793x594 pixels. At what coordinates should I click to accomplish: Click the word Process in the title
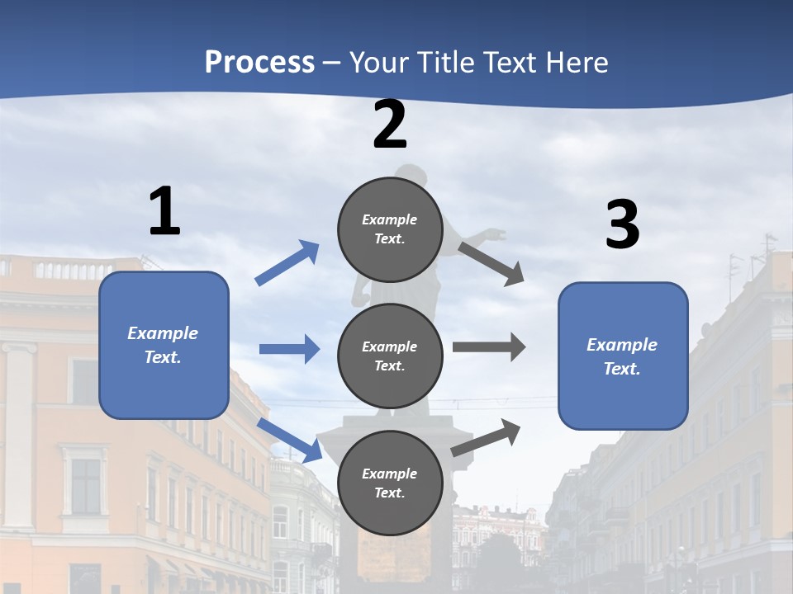pyautogui.click(x=259, y=62)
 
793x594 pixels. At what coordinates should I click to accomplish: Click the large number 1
pyautogui.click(x=164, y=212)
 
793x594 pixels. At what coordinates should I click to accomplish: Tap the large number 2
pyautogui.click(x=390, y=125)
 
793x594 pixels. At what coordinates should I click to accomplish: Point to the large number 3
pyautogui.click(x=622, y=225)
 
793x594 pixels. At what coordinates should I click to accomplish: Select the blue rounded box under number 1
pyautogui.click(x=164, y=345)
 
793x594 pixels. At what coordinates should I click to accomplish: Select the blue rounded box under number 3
pyautogui.click(x=623, y=356)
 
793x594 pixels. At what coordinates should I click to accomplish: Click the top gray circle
pyautogui.click(x=390, y=229)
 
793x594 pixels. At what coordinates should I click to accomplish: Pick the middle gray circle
pyautogui.click(x=390, y=356)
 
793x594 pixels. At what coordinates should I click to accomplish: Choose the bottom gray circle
pyautogui.click(x=390, y=483)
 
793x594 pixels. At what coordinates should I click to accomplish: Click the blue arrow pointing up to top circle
pyautogui.click(x=287, y=262)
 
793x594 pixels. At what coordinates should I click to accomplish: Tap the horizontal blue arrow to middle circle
pyautogui.click(x=289, y=349)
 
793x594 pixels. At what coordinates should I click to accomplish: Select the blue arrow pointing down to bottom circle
pyautogui.click(x=290, y=440)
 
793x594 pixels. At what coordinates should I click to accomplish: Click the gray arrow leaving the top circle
pyautogui.click(x=491, y=263)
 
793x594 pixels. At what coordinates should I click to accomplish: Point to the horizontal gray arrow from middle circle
pyautogui.click(x=488, y=346)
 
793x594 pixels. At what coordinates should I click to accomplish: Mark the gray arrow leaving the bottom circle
pyautogui.click(x=486, y=437)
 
